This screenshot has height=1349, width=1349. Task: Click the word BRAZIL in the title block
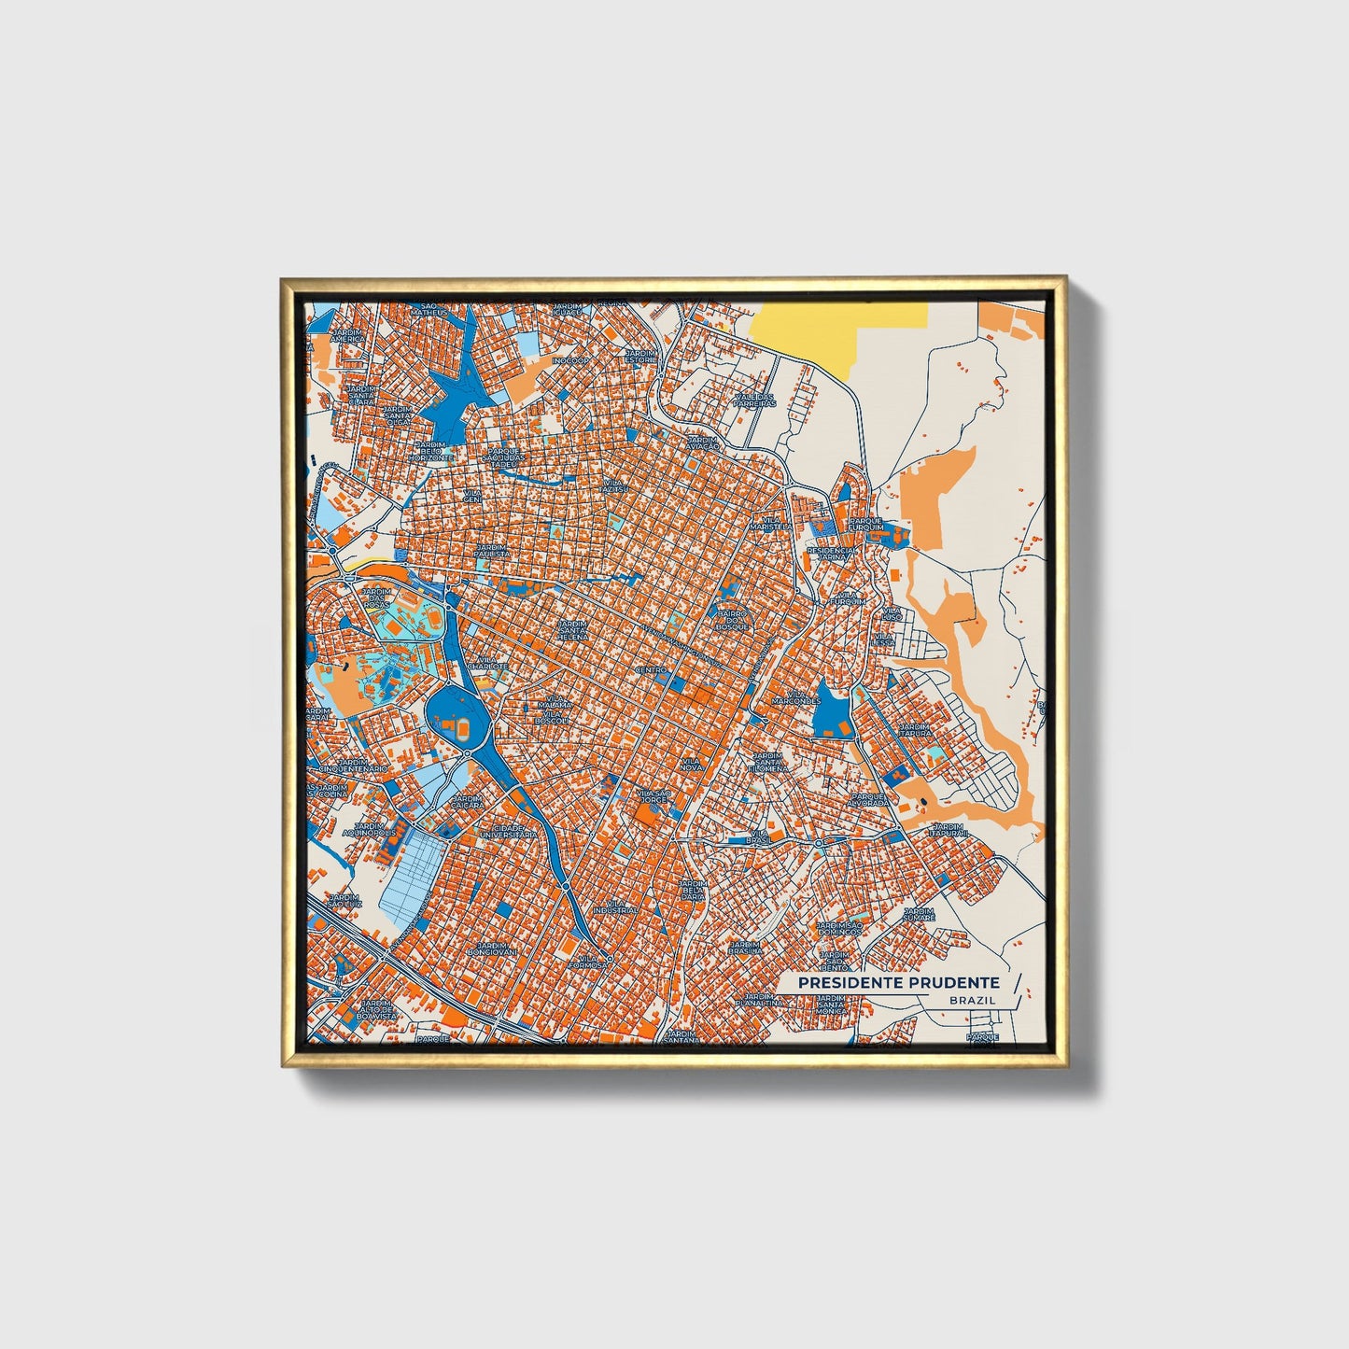[971, 1000]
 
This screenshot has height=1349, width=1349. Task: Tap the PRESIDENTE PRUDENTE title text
[898, 983]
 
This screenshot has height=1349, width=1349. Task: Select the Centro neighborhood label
[651, 670]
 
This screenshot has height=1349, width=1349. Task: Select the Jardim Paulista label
[492, 551]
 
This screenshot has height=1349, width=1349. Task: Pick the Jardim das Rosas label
[376, 597]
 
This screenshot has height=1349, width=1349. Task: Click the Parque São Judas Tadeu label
[504, 455]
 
